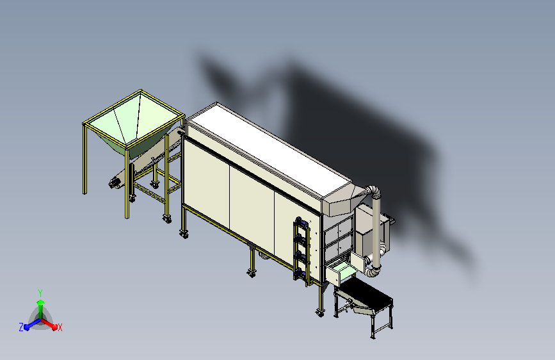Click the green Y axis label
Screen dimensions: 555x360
click(40, 293)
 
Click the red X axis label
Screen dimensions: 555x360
click(60, 327)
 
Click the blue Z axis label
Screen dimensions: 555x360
click(21, 327)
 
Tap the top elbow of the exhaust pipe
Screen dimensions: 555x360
click(374, 191)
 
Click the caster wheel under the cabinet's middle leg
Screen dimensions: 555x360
click(252, 273)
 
